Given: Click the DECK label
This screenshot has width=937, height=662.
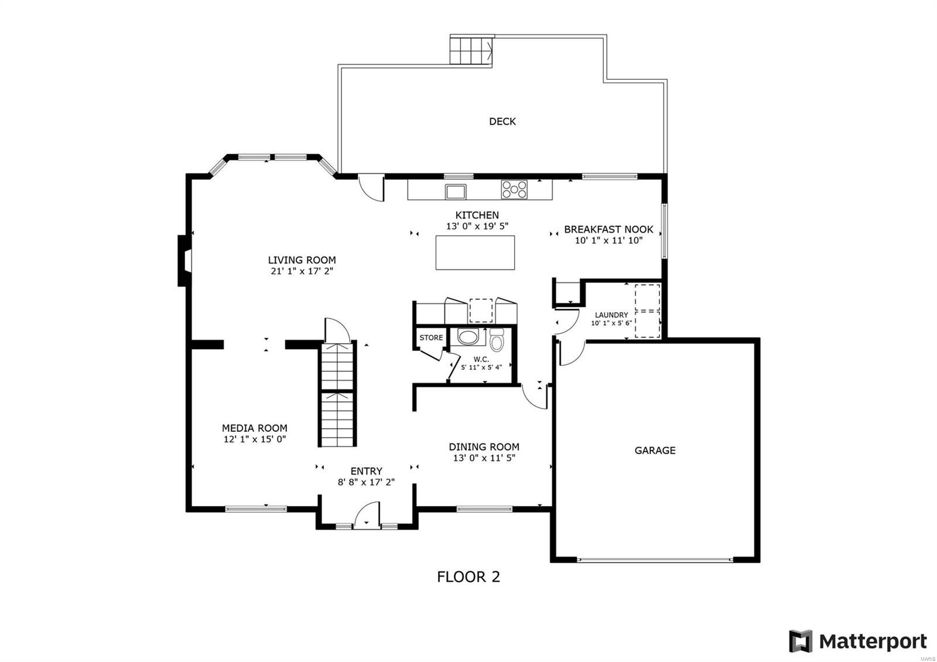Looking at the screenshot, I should tap(502, 121).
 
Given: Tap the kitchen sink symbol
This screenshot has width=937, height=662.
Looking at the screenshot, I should tap(455, 191).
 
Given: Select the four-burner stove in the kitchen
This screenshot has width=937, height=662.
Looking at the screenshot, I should tap(514, 189).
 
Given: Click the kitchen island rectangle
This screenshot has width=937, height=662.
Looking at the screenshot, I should tap(475, 252).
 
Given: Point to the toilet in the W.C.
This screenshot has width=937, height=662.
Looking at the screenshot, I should tap(497, 340).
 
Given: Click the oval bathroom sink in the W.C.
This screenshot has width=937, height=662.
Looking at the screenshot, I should tap(467, 337).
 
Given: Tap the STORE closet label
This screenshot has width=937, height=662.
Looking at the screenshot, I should tap(431, 337).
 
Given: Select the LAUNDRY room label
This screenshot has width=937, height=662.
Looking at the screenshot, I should tap(611, 315).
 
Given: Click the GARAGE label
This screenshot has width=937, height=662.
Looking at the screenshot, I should tap(655, 451).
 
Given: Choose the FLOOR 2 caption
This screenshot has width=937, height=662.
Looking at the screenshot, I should tap(468, 577).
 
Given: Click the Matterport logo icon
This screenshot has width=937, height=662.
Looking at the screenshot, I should tap(801, 641).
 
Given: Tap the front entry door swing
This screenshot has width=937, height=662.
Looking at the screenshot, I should tap(367, 516).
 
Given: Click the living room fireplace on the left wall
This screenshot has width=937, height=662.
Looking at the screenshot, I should tap(184, 260).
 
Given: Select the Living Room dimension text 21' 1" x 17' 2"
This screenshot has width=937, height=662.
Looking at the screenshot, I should tap(302, 271).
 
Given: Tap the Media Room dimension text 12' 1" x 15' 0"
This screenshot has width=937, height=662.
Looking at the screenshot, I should tap(254, 439).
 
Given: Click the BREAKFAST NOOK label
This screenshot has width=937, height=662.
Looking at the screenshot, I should tap(608, 230).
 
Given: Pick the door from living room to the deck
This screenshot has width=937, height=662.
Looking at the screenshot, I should tap(371, 187).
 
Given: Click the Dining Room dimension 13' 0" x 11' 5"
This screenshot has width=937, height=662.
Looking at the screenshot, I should tap(484, 458).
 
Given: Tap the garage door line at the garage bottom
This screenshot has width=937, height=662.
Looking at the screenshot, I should tap(655, 559).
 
